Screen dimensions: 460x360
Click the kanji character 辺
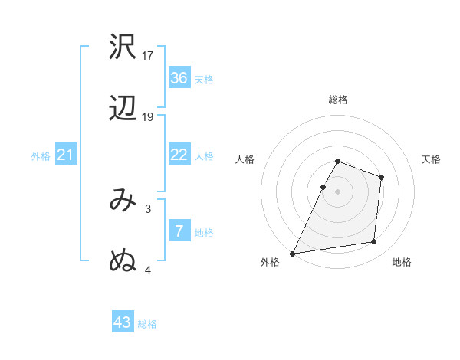tap(123, 110)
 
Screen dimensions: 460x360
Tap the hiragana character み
tap(123, 201)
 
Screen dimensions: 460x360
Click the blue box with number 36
tap(179, 78)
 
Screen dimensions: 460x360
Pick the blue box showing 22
tap(179, 155)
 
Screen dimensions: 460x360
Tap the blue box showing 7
tap(179, 231)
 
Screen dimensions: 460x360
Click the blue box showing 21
tap(66, 155)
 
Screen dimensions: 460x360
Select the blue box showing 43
tap(123, 322)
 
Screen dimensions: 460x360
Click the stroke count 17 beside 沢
tap(148, 55)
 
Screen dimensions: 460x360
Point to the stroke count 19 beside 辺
tap(148, 117)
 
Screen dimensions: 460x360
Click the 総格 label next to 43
tap(147, 324)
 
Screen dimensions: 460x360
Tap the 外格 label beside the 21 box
tap(41, 156)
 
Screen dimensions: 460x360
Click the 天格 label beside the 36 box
tap(204, 80)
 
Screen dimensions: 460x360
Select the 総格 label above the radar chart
tap(338, 100)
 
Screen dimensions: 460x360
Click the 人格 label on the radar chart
tap(245, 159)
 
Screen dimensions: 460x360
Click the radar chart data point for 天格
tap(381, 177)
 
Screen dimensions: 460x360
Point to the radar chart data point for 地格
tap(374, 242)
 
